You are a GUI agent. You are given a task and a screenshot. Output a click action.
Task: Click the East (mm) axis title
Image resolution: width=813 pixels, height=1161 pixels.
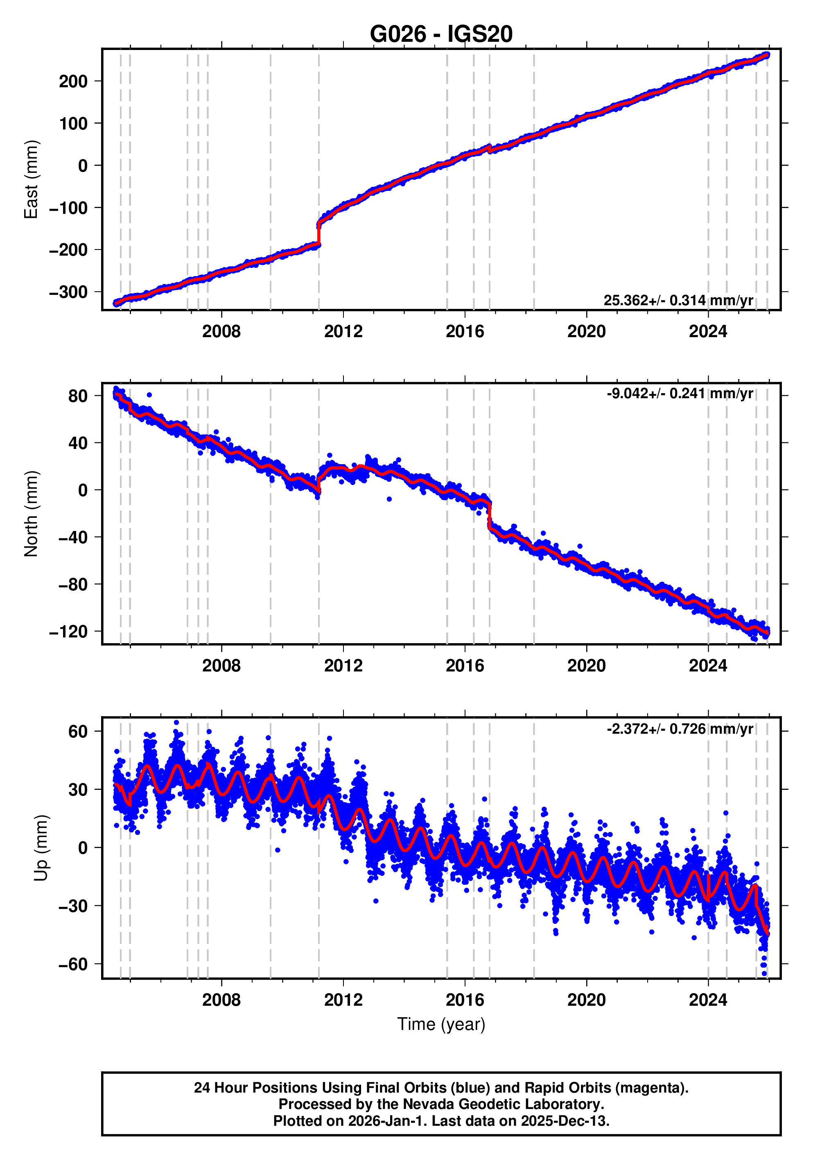click(32, 179)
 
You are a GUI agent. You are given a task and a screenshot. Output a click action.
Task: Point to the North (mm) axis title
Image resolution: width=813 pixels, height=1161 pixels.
click(32, 513)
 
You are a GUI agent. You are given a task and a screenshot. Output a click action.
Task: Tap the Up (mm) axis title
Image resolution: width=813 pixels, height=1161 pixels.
click(41, 848)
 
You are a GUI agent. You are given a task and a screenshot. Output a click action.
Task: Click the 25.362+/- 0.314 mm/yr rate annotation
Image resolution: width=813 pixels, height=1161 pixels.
click(678, 300)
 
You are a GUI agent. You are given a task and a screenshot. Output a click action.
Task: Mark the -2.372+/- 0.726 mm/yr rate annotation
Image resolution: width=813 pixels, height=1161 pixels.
click(680, 729)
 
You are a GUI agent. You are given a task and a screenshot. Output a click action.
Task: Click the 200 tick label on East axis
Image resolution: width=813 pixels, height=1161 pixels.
click(73, 82)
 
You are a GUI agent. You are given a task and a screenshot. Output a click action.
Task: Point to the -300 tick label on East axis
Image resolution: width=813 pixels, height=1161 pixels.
click(68, 292)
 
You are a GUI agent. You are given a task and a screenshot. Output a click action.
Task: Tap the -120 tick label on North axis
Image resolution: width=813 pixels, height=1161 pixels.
click(68, 632)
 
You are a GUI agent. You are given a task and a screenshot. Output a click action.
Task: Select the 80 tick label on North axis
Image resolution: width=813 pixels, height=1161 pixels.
click(78, 396)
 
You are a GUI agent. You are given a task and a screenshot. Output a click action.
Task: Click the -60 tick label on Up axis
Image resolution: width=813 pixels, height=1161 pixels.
click(73, 964)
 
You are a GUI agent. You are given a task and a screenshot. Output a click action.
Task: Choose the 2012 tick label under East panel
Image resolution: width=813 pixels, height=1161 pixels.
click(343, 332)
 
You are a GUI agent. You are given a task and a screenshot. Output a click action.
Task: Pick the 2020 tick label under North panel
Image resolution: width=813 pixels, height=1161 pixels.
click(586, 666)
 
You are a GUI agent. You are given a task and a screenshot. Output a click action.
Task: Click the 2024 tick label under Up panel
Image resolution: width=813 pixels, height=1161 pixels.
click(708, 1000)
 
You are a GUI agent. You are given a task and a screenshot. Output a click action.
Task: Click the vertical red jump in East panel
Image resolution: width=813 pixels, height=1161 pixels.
click(319, 234)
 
